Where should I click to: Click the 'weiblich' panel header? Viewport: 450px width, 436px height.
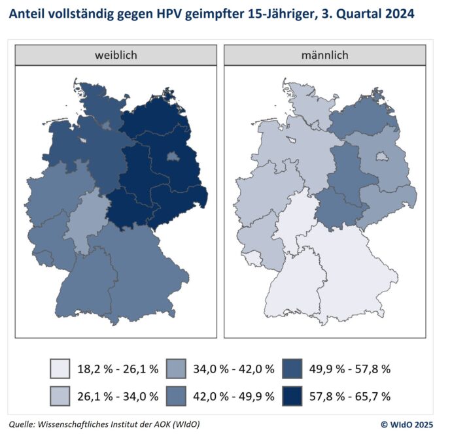coord(116,55)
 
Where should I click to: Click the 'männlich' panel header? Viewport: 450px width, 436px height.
coord(322,55)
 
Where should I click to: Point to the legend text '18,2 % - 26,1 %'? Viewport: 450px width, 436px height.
coord(117,369)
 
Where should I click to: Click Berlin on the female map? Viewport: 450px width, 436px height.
coord(173,157)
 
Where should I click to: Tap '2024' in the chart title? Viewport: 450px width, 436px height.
coord(397,14)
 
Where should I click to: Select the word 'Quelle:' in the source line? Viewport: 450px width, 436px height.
coord(25,424)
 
